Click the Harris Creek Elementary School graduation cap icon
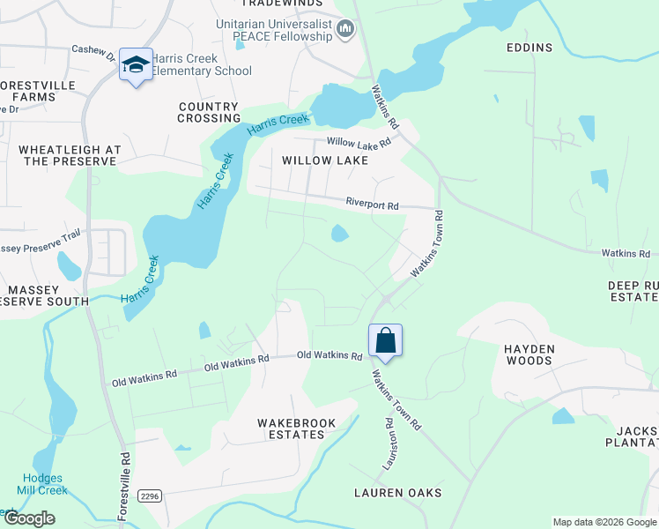pos(136,64)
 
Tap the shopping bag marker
pos(385,340)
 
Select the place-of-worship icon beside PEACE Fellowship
pos(345,32)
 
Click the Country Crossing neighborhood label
pos(209,112)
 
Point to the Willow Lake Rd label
pos(358,142)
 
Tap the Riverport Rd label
pos(372,205)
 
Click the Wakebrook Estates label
pos(297,428)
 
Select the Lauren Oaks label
pos(397,492)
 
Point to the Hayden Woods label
pos(529,354)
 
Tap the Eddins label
pos(529,48)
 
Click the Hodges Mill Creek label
pos(41,484)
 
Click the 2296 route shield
pos(150,496)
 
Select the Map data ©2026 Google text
pos(604,522)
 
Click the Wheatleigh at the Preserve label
pos(68,155)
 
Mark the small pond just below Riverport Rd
pos(338,234)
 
